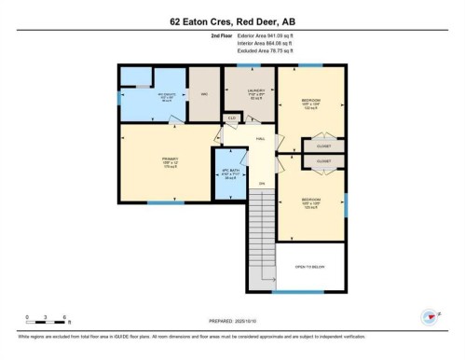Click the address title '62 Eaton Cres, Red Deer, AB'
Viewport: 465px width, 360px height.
[232, 20]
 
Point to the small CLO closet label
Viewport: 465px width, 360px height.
[231, 118]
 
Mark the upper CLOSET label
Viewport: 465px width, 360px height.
[323, 146]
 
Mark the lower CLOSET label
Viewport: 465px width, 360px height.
[323, 160]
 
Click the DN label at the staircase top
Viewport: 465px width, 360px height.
[262, 182]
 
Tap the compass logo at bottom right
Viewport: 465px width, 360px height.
[430, 317]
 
